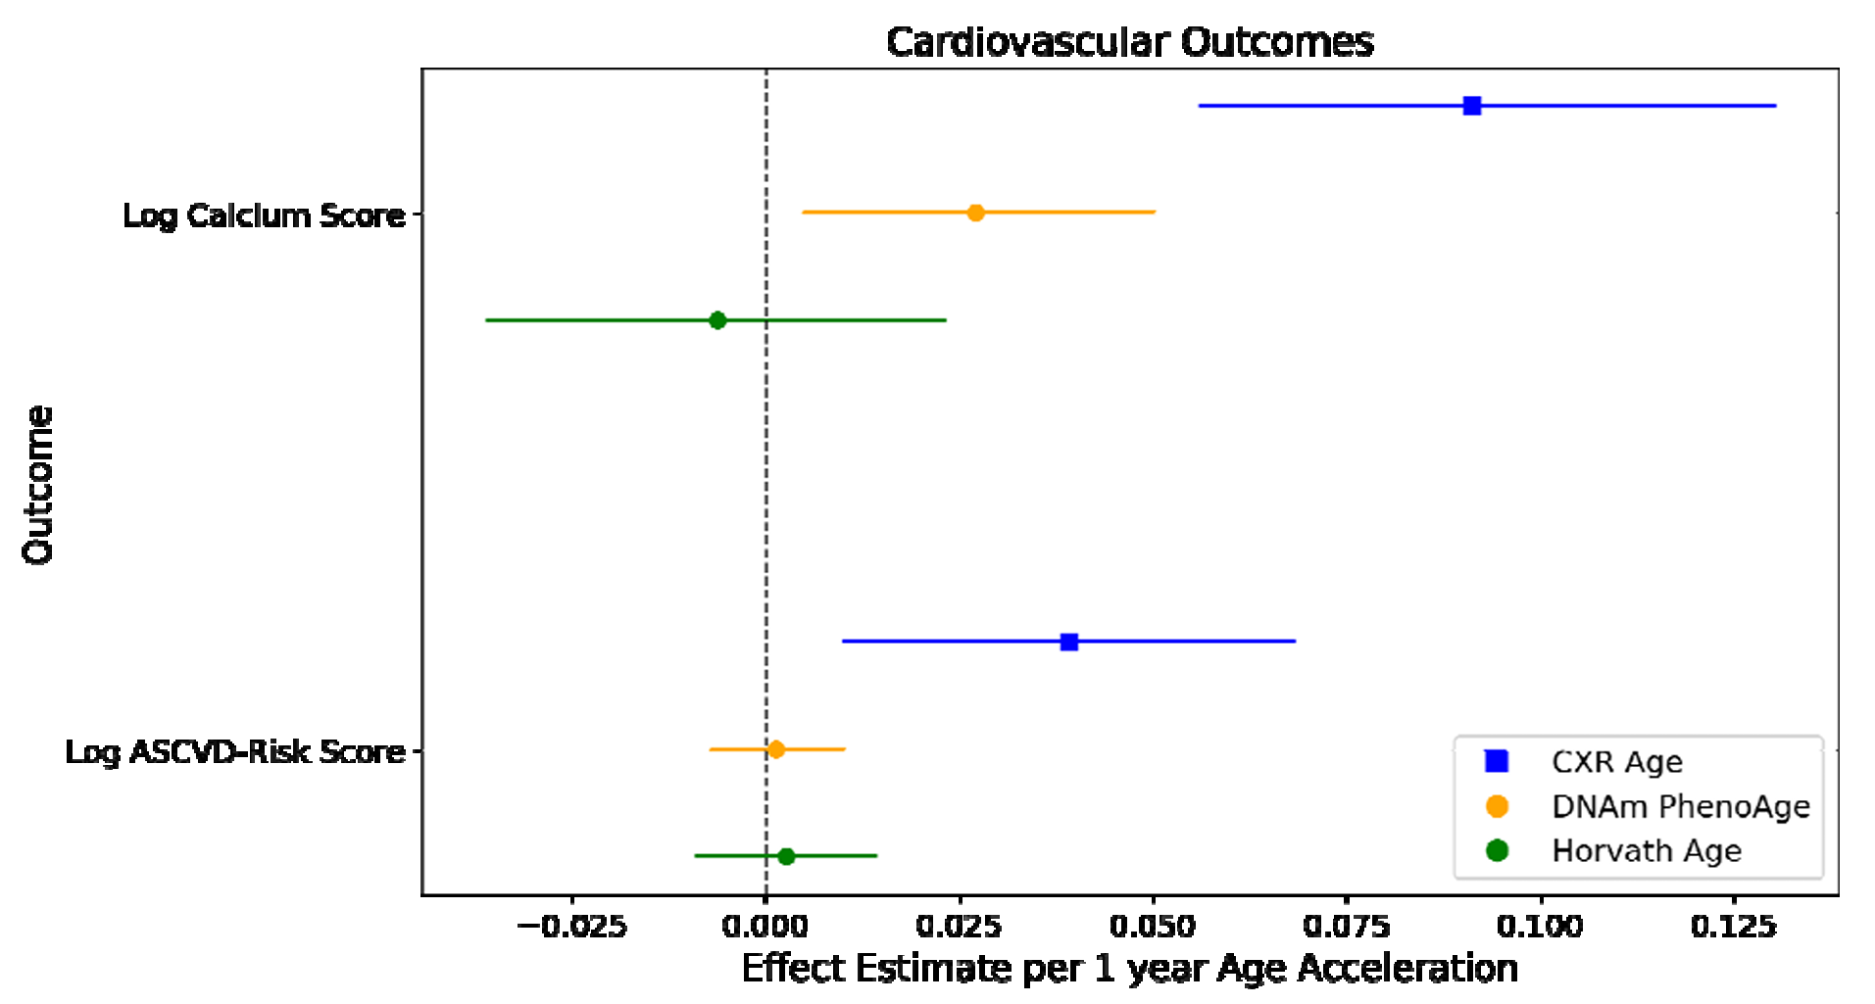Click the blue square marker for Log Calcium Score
1471,106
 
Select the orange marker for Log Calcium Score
975,213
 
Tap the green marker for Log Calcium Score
717,320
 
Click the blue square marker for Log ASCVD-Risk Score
1069,643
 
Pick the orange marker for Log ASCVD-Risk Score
776,749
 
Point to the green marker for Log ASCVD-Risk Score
786,856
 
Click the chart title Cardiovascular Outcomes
1129,42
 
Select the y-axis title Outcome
38,485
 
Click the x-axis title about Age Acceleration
1129,969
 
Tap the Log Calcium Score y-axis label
264,215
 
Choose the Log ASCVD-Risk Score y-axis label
235,752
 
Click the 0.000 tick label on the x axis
765,926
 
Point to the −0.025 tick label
571,926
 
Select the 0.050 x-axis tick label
1153,926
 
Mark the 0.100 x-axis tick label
1540,926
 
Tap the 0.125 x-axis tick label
1734,926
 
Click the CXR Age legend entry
1616,762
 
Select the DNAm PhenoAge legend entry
1680,806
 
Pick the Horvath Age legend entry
1646,850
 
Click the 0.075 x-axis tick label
1347,926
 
